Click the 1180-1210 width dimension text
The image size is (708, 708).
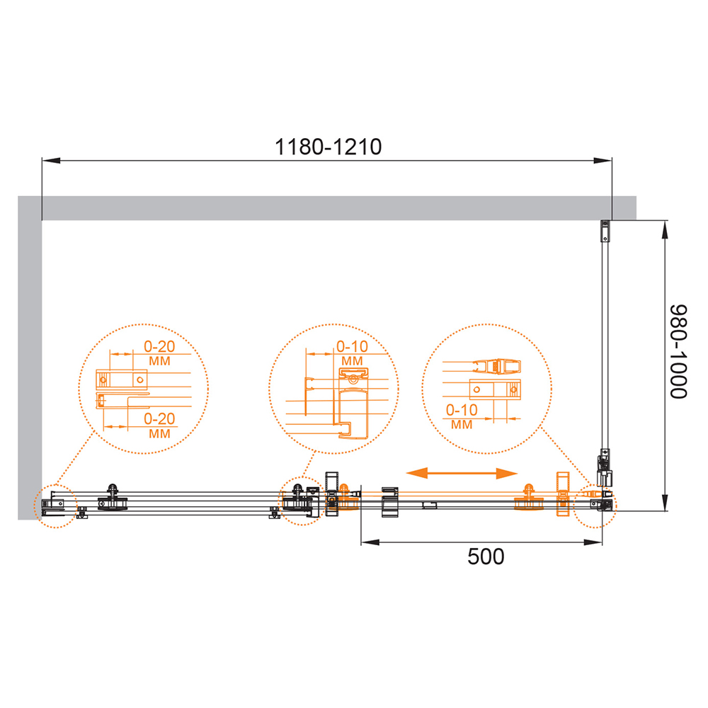329,147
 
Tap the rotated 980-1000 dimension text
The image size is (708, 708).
678,352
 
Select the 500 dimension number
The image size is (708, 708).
486,556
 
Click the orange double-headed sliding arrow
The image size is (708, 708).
462,473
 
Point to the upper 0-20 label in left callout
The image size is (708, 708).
159,346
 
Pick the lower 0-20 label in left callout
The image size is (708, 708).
159,418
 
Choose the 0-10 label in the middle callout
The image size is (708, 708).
352,346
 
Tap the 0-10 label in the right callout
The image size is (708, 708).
462,409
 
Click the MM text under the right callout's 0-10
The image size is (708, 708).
462,425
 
